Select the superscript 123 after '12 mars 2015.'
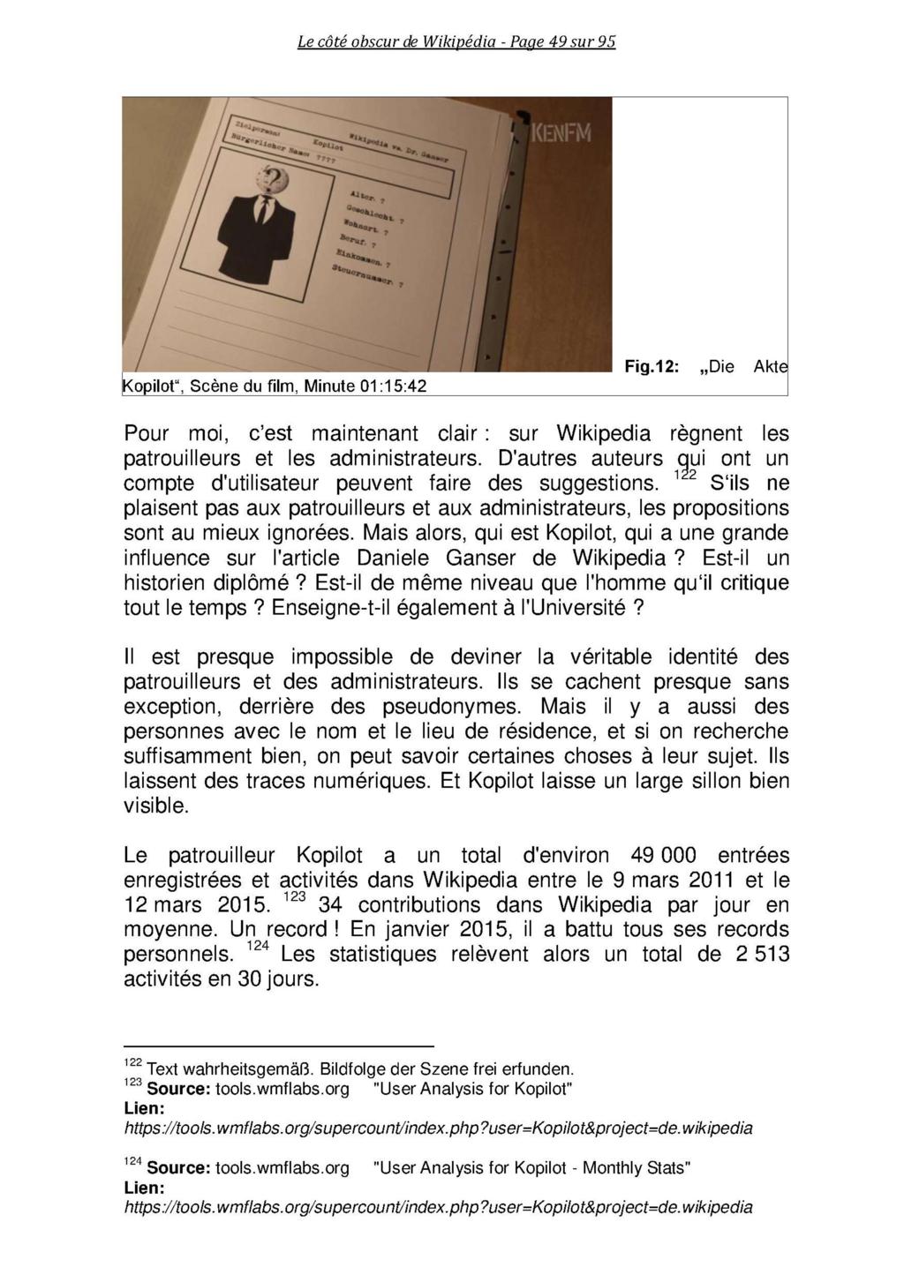point(294,897)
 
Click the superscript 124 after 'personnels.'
point(257,947)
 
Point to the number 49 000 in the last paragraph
point(664,856)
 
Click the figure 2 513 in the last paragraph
point(763,955)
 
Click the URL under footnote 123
point(438,1128)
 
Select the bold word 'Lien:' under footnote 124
point(144,1188)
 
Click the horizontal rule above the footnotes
point(279,1046)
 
